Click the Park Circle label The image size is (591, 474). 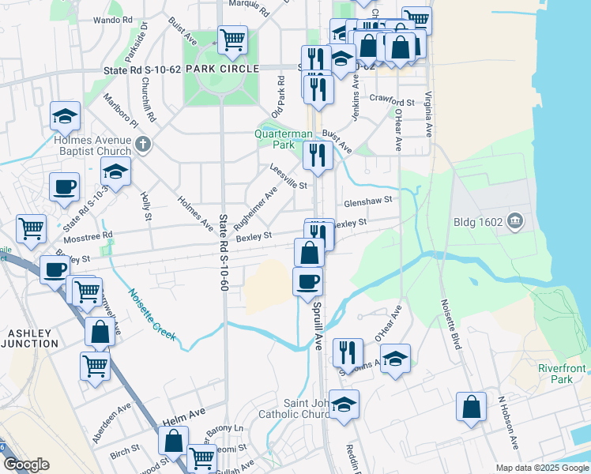[222, 70]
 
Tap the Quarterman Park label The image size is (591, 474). [284, 139]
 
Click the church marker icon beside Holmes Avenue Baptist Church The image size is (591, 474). [142, 144]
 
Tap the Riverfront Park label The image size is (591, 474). [562, 374]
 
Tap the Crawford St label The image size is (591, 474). [395, 103]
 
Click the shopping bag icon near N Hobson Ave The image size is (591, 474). [471, 407]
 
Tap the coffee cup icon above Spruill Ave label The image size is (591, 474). [307, 280]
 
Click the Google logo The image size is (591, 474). [26, 465]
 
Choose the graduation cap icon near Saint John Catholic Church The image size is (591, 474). [344, 404]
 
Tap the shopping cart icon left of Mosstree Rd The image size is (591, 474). [31, 228]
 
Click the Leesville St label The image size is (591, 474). [288, 176]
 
